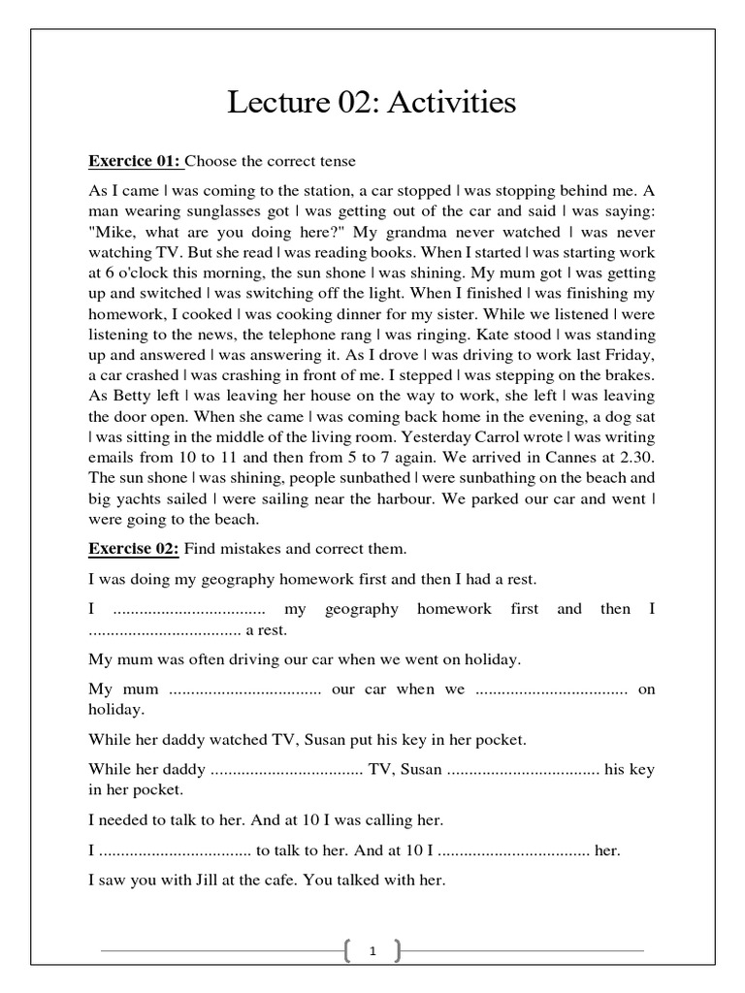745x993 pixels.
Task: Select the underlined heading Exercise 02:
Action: [x=134, y=548]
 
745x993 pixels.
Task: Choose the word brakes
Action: [x=627, y=375]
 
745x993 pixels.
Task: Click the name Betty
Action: [x=132, y=396]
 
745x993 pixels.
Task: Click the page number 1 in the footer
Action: [x=372, y=952]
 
